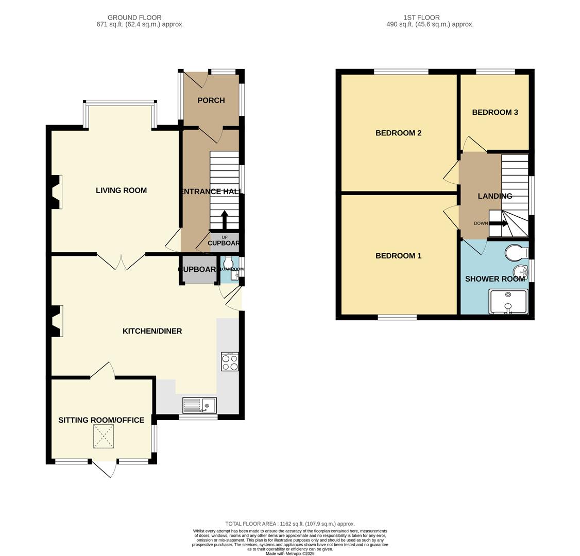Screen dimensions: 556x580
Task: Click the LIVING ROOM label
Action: point(121,190)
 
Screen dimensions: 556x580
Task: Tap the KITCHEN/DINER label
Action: point(152,331)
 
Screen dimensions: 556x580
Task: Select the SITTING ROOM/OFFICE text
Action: point(101,420)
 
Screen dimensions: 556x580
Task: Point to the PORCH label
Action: point(211,100)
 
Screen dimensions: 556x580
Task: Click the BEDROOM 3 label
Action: point(494,112)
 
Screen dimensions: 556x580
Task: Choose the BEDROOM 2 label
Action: point(398,133)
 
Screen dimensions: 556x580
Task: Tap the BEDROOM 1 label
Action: point(398,256)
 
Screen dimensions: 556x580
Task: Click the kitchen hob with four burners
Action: point(230,361)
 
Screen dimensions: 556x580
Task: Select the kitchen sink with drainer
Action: point(199,406)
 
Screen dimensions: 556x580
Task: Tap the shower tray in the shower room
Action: point(508,302)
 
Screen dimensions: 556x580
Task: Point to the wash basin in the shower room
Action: point(520,272)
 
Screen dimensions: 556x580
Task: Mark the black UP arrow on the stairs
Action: point(225,219)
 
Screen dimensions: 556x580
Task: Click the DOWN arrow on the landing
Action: point(498,223)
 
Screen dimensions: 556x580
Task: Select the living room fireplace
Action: point(56,192)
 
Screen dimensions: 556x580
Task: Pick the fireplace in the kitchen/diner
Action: point(56,321)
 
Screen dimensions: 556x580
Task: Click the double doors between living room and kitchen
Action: point(121,262)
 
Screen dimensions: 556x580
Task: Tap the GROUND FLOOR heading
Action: point(134,18)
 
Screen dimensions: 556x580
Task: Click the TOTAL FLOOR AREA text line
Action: point(290,524)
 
